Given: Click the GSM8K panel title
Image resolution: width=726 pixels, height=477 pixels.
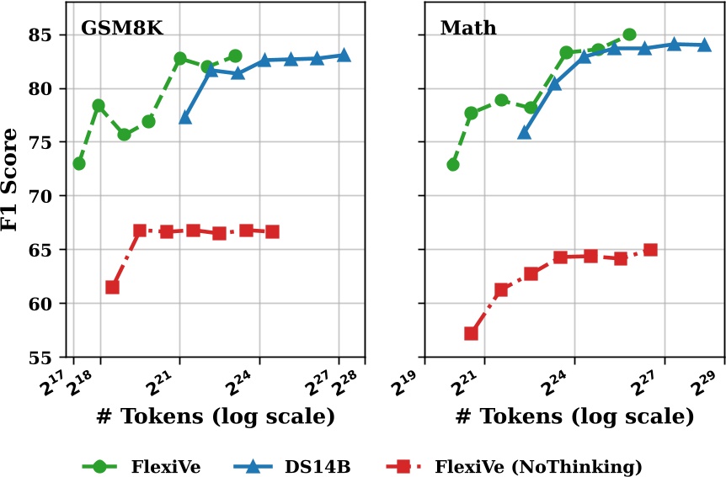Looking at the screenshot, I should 121,28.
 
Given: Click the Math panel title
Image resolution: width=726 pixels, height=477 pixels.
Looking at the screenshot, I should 468,28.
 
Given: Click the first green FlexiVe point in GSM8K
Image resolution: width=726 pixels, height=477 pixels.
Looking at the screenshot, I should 79,163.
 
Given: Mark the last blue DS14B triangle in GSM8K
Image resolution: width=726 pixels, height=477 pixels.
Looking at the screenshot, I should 344,56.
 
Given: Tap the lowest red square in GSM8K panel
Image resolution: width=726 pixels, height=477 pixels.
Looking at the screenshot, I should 112,287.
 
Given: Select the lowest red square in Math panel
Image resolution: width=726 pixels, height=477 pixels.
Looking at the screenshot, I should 471,333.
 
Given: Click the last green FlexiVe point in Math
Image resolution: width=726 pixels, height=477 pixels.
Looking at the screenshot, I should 629,35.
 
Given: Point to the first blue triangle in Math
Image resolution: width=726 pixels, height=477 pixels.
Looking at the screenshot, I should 524,132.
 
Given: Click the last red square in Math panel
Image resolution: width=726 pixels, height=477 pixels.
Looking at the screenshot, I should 650,250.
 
